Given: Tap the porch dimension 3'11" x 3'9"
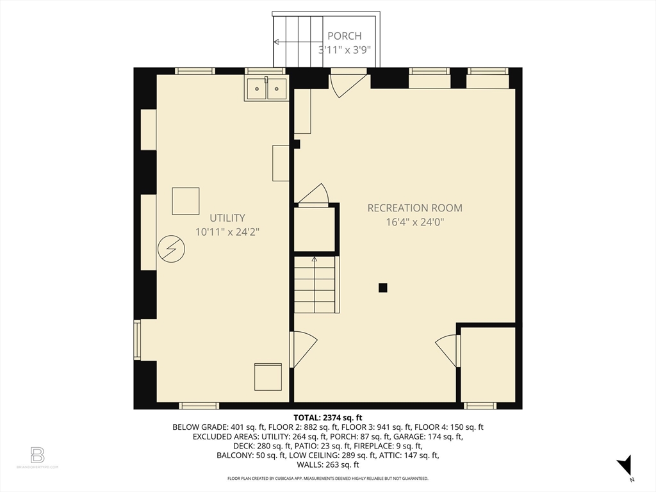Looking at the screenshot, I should tap(345, 49).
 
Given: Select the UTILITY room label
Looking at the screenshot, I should tap(227, 218).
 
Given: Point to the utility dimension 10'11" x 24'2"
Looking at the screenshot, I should tap(227, 232).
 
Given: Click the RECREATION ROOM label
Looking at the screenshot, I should tap(414, 208).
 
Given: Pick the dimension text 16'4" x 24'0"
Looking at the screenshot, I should tap(414, 222).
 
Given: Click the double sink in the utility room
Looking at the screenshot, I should tap(266, 88).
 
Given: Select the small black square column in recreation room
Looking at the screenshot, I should tap(382, 288).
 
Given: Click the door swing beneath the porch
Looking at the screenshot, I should tap(347, 83).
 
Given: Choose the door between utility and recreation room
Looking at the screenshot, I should tap(302, 348).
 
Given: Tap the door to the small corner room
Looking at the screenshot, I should tap(448, 350).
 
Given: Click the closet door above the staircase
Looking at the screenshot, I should tap(315, 194).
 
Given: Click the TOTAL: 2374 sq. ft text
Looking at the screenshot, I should tap(327, 417).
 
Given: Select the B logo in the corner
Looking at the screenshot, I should tap(37, 455).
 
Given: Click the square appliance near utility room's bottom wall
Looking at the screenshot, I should tap(268, 377).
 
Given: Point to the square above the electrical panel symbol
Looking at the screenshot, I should tap(186, 201).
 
